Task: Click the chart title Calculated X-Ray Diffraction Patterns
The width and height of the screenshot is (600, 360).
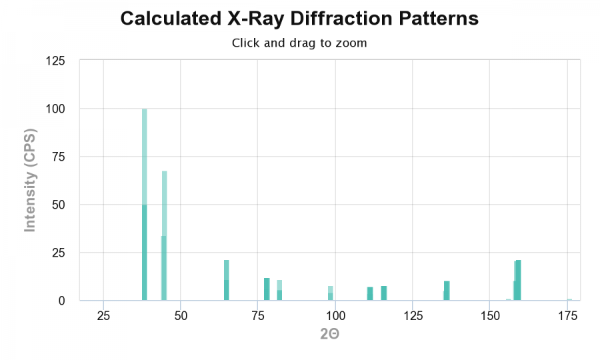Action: pos(299,19)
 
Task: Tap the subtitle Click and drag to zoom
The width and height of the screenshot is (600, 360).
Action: pos(299,43)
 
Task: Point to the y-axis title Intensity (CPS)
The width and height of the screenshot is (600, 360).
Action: pos(29,180)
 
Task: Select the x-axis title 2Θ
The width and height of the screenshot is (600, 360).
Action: pos(329,333)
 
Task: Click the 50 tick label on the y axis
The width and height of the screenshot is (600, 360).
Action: pos(58,205)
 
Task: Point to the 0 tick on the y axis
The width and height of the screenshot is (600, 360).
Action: pos(61,301)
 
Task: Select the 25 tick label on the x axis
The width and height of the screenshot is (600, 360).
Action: pos(103,315)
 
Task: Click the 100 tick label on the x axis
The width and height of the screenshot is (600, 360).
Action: pos(335,315)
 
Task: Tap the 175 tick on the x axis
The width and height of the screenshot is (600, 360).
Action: pos(567,315)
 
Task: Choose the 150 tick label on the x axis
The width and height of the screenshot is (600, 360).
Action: pos(490,315)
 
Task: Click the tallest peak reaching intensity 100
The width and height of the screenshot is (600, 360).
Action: pos(145,200)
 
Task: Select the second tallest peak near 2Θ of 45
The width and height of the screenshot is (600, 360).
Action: pos(164,233)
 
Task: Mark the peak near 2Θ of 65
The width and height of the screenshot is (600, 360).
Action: pos(227,280)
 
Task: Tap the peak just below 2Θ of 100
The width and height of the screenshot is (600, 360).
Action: pos(331,293)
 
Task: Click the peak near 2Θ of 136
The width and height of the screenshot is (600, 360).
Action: pos(447,291)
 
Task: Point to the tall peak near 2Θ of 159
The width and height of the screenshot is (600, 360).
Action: pos(518,280)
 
